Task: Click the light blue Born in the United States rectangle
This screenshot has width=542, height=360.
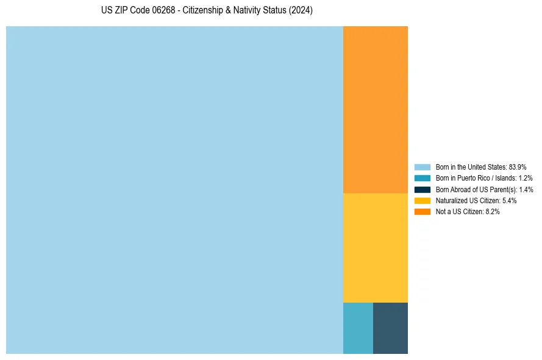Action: click(174, 190)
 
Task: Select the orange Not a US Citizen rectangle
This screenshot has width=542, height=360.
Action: click(376, 110)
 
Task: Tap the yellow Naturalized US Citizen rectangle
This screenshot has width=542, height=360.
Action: click(376, 248)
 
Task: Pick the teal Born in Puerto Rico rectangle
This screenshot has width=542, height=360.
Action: click(358, 328)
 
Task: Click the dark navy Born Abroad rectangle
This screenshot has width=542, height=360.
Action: click(390, 328)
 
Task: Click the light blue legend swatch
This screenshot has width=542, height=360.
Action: click(423, 167)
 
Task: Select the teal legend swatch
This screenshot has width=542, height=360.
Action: click(423, 178)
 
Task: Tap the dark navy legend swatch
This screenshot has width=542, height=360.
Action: click(423, 189)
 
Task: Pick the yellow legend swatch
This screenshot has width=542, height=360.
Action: click(423, 200)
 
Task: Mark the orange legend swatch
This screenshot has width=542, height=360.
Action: click(423, 212)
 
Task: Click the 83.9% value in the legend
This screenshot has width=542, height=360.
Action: click(518, 167)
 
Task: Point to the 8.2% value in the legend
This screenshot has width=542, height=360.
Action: click(493, 212)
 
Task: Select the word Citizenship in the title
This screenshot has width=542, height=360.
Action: click(204, 11)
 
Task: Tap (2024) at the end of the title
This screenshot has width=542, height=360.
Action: click(301, 11)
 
